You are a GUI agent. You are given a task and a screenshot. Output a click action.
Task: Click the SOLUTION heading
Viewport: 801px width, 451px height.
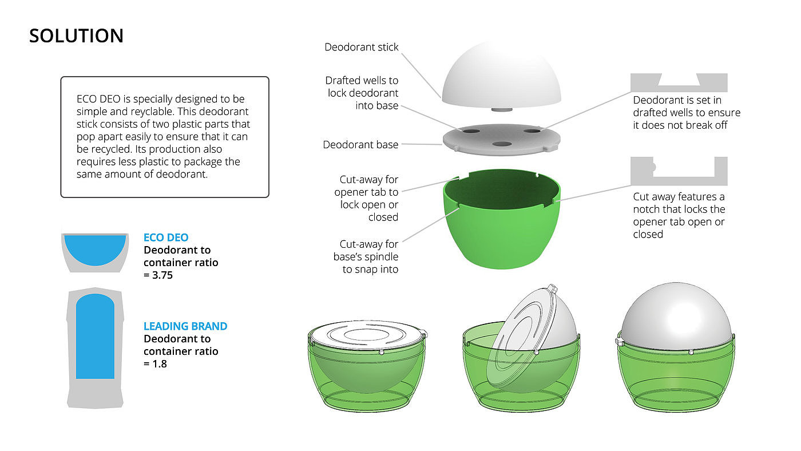click(76, 36)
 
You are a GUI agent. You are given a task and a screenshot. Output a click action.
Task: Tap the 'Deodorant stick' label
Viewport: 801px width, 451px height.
click(361, 47)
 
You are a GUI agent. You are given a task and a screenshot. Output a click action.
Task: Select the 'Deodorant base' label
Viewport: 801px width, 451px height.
click(360, 145)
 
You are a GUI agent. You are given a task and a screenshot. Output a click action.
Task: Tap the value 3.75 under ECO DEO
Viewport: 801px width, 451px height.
click(158, 275)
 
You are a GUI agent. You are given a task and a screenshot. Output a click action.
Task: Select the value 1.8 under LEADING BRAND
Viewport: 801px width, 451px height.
click(155, 363)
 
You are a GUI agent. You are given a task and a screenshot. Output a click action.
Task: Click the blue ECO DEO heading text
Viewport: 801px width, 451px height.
click(166, 238)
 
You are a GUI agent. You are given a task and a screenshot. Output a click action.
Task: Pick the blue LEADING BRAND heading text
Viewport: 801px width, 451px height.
click(185, 326)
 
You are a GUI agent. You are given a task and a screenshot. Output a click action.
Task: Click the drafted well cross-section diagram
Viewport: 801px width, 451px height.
click(679, 82)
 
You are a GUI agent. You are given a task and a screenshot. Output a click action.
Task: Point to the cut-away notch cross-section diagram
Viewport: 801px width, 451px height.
click(679, 171)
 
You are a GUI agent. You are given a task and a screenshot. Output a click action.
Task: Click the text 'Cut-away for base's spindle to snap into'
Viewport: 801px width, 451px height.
click(366, 256)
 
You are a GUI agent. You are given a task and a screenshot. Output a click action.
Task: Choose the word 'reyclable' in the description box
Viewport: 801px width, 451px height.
click(167, 111)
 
